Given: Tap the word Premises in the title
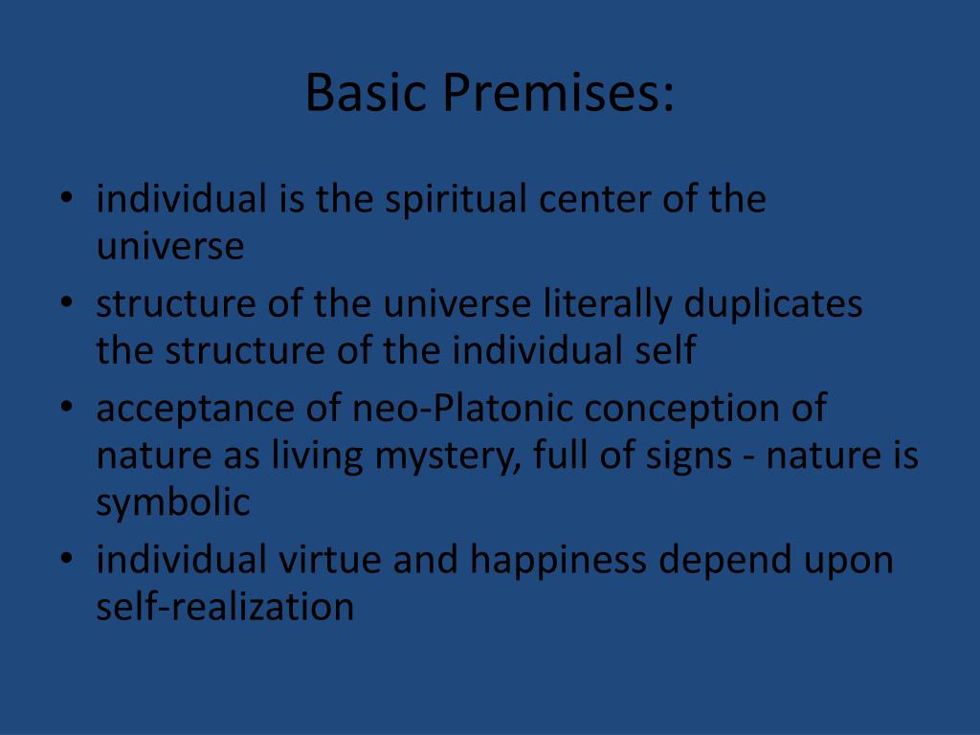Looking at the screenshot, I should [x=559, y=93].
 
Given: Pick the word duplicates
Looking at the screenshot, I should [x=773, y=304].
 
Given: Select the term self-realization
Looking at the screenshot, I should [x=225, y=607].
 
